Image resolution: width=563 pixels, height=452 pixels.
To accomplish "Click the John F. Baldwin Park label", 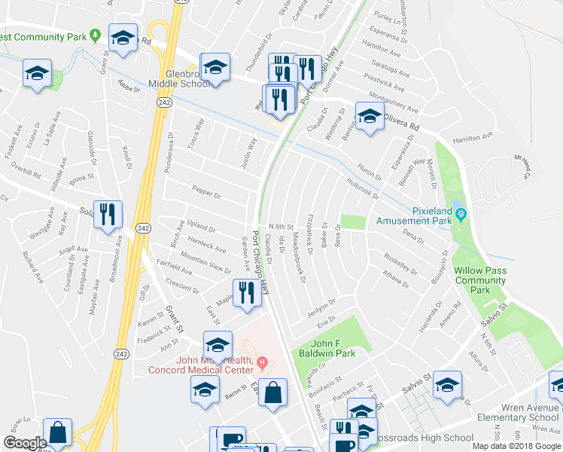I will tap(333, 347).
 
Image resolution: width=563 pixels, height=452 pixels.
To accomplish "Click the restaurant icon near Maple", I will tap(246, 292).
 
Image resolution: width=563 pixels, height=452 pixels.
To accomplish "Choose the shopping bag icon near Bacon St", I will tap(272, 392).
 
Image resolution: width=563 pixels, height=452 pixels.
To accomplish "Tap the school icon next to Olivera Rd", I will tap(369, 118).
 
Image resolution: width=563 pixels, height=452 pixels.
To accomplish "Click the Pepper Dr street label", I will tap(205, 194).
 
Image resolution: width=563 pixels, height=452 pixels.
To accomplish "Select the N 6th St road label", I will tap(280, 226).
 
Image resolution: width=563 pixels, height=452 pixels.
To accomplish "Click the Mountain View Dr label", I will tap(205, 264).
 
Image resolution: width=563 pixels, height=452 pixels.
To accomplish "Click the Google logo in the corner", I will tap(24, 443).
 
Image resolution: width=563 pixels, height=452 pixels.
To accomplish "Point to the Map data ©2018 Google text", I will tap(516, 446).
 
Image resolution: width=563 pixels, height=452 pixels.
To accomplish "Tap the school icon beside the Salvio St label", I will tap(447, 386).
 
